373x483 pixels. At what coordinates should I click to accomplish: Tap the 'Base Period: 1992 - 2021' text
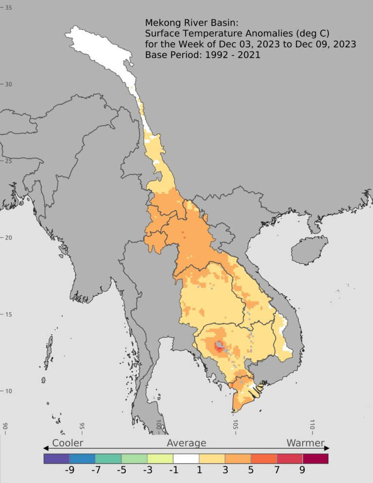pyautogui.click(x=203, y=55)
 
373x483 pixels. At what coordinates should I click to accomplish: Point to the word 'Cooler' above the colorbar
pyautogui.click(x=68, y=443)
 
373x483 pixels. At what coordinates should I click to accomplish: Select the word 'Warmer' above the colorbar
pyautogui.click(x=305, y=443)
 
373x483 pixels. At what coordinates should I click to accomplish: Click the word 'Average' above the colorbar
pyautogui.click(x=186, y=443)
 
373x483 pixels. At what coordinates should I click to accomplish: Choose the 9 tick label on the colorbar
pyautogui.click(x=302, y=470)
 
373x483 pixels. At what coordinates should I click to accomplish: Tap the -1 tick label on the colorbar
pyautogui.click(x=172, y=470)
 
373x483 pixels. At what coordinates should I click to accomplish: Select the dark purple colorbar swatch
pyautogui.click(x=56, y=458)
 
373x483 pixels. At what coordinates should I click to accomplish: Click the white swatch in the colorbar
pyautogui.click(x=186, y=458)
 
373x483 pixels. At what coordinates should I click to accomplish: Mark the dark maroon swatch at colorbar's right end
pyautogui.click(x=315, y=458)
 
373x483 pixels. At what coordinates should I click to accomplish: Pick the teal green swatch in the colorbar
pyautogui.click(x=108, y=458)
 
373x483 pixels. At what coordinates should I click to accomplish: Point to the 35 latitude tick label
pyautogui.click(x=8, y=8)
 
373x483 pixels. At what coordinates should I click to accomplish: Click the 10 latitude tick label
pyautogui.click(x=8, y=391)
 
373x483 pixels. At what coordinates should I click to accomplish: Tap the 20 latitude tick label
pyautogui.click(x=8, y=238)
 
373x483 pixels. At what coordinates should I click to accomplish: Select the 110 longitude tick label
pyautogui.click(x=312, y=425)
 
